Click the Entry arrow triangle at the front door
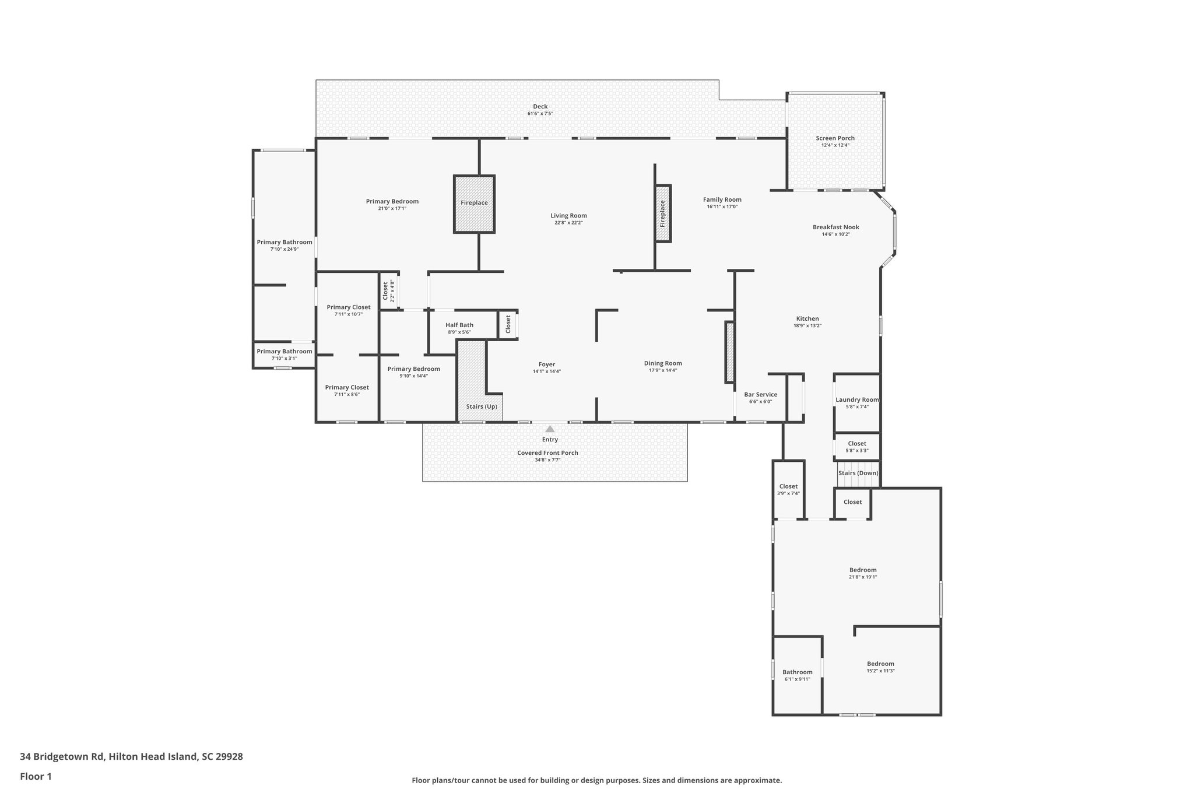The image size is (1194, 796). point(550,429)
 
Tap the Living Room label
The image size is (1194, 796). point(568,216)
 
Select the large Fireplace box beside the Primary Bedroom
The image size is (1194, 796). point(474,204)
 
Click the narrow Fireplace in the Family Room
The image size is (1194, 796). point(663,213)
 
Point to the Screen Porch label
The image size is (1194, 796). point(835,139)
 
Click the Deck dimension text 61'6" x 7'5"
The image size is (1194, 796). point(540,114)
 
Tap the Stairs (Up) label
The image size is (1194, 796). point(482,406)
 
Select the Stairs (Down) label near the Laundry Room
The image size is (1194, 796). point(858,473)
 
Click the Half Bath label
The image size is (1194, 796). point(459,325)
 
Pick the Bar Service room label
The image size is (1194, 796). point(760,395)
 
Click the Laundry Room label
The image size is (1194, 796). point(856,400)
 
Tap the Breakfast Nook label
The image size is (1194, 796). point(835,227)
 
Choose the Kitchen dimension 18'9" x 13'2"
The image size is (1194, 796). point(807,326)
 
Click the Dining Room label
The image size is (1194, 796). point(663,363)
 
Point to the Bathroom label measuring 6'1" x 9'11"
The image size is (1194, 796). point(797,672)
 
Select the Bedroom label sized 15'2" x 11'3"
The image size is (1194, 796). point(880,664)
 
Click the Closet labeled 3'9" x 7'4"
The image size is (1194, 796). point(788,486)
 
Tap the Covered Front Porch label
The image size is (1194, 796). point(547,453)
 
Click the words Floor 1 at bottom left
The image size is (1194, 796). point(36,776)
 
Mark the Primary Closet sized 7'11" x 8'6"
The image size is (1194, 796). point(347,387)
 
